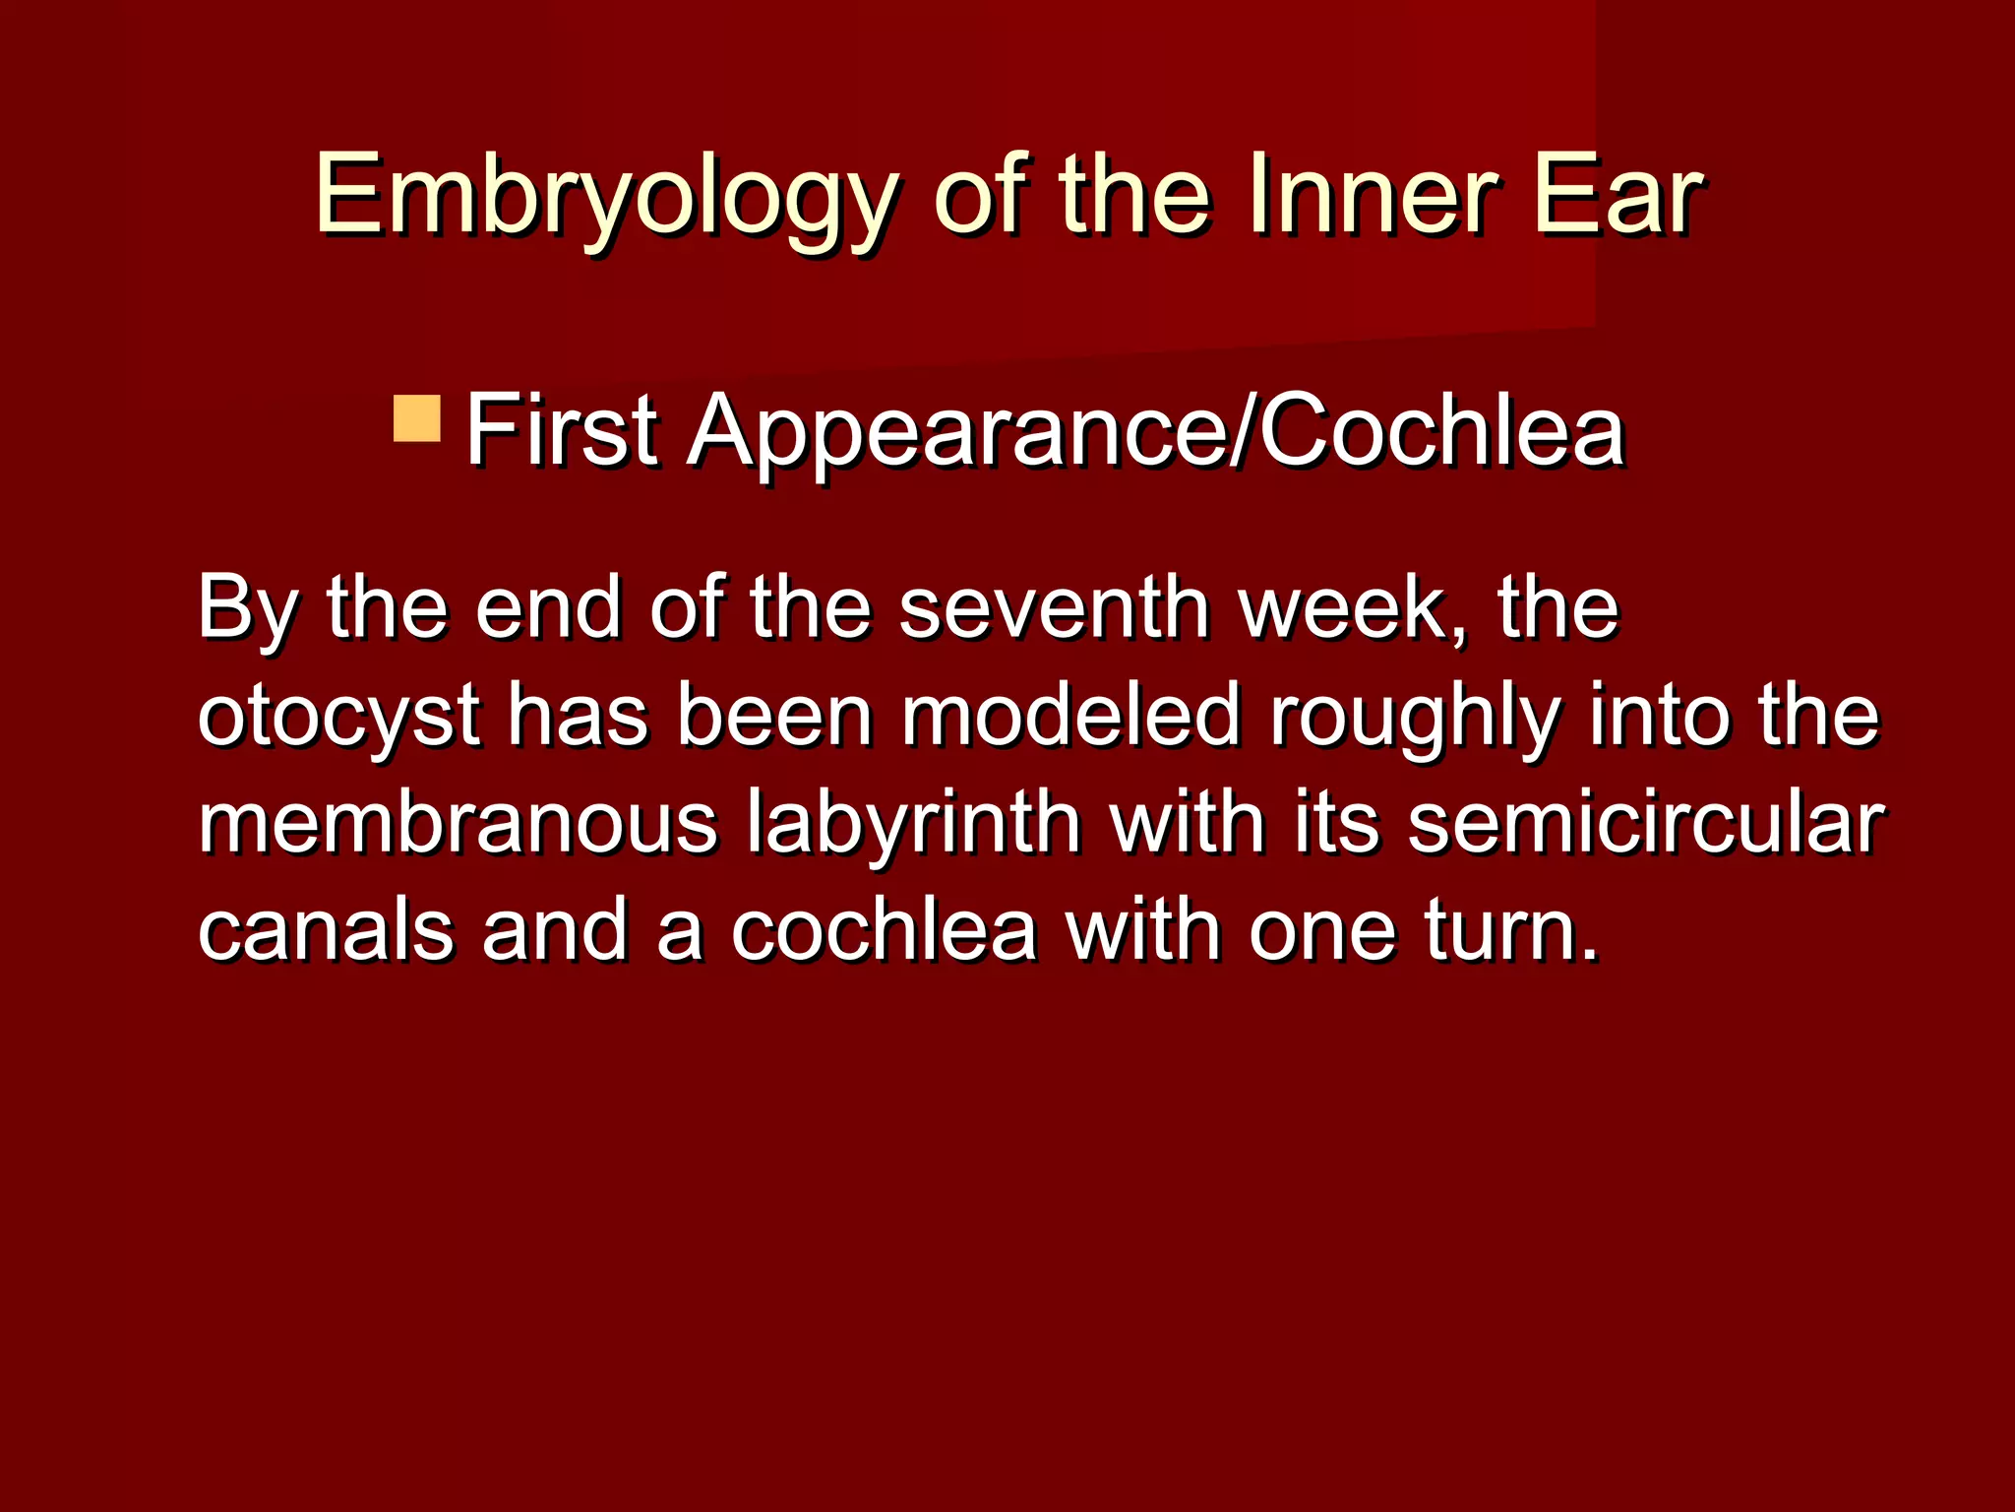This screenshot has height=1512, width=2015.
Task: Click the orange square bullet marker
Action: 416,418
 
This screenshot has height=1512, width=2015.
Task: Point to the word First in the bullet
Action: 561,431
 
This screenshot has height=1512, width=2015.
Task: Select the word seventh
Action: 1054,608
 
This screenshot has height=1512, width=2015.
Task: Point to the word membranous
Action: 458,823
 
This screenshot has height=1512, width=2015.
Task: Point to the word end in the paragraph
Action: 547,608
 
